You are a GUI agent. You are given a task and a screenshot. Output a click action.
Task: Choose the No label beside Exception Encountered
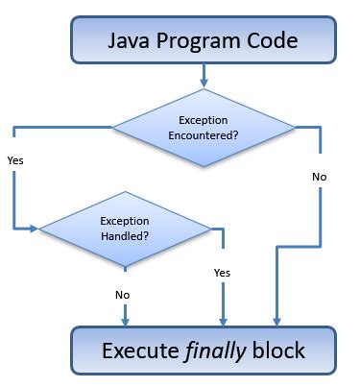(x=319, y=177)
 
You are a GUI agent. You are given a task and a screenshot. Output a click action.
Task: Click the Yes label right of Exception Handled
(x=222, y=273)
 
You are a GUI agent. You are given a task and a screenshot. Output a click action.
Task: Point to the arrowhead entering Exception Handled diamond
(x=34, y=229)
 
